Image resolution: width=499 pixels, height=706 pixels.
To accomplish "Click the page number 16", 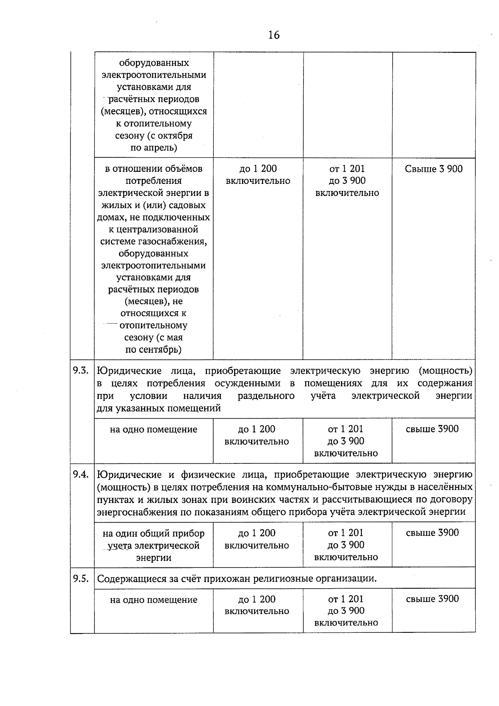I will click(274, 35).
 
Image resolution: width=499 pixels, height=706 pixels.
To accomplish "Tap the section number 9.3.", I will click(81, 370).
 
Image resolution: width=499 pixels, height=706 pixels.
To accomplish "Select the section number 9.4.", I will click(81, 474).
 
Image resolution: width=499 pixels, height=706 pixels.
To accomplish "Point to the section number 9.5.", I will click(81, 578).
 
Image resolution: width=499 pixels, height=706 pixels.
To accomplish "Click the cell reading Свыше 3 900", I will click(433, 169).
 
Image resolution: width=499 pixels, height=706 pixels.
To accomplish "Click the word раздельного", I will click(266, 396).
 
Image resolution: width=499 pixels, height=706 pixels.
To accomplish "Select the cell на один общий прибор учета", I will click(153, 545).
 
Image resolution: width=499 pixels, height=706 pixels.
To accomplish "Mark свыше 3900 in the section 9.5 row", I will click(432, 599).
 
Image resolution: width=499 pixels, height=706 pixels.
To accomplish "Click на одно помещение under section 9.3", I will click(153, 429).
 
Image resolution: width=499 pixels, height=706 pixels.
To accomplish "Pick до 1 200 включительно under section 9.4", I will click(257, 539).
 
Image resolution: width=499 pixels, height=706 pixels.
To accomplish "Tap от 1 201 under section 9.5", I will click(346, 599).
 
